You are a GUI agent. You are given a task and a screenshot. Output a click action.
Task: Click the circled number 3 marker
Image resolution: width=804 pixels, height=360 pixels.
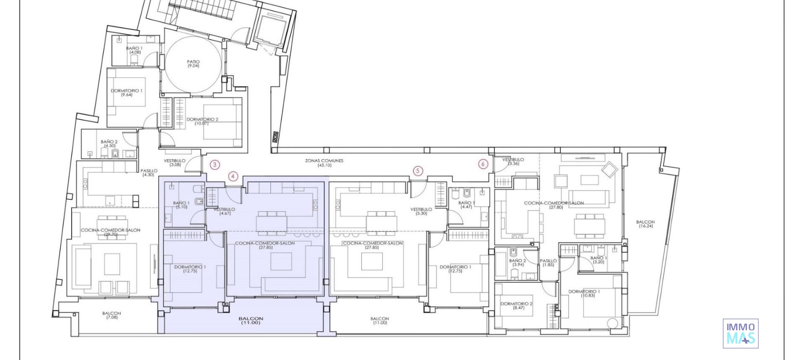click(214, 165)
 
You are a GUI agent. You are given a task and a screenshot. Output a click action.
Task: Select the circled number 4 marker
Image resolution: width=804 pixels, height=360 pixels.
click(233, 176)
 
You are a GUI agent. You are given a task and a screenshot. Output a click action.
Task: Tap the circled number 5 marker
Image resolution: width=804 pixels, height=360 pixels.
click(417, 171)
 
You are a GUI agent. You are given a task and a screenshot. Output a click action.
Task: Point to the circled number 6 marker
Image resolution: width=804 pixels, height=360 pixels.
click(483, 164)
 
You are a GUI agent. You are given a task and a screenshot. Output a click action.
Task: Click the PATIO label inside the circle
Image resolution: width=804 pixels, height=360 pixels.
click(193, 64)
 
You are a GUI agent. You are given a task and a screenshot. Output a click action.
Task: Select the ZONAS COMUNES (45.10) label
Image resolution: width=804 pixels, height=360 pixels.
click(324, 163)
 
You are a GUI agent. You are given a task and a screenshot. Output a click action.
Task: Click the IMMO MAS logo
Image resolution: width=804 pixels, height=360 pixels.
click(740, 334)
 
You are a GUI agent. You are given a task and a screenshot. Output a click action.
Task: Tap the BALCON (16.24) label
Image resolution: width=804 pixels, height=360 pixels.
click(645, 224)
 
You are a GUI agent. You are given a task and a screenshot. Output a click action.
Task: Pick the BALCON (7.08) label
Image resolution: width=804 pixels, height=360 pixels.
click(111, 315)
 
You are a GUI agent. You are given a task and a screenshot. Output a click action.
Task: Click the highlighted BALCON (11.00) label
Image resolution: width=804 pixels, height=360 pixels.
click(251, 321)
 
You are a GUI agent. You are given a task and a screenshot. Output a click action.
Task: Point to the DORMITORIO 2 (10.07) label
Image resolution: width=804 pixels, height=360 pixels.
click(202, 121)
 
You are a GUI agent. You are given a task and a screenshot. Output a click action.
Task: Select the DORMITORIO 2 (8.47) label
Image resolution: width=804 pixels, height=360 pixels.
click(517, 306)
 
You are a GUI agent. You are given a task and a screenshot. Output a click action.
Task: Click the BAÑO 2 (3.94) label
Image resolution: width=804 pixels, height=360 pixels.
click(518, 262)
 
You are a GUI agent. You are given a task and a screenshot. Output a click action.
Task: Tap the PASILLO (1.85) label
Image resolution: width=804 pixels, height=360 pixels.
click(548, 262)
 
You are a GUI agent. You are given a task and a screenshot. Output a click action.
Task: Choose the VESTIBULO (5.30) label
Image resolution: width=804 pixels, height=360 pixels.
click(421, 211)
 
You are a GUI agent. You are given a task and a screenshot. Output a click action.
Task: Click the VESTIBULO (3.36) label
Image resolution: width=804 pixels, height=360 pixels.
click(513, 162)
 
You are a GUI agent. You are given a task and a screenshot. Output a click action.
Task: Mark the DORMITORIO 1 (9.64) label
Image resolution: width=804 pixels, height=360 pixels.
click(126, 93)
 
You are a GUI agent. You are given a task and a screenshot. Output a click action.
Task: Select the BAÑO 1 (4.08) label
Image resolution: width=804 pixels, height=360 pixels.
click(134, 50)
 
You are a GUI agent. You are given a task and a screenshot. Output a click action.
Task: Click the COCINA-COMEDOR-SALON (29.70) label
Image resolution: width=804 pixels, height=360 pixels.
click(111, 232)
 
